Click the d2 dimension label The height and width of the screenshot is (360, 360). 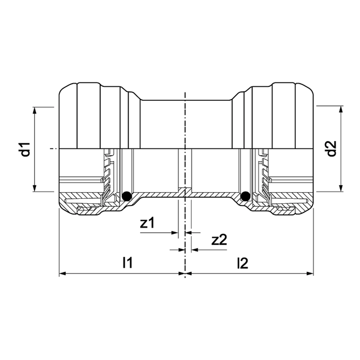click(x=331, y=148)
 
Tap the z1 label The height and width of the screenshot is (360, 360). click(x=148, y=223)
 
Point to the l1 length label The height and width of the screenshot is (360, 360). click(x=127, y=264)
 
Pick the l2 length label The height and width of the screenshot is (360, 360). click(x=242, y=264)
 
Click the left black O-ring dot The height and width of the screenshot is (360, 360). click(x=127, y=196)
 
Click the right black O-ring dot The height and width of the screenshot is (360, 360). click(x=244, y=196)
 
